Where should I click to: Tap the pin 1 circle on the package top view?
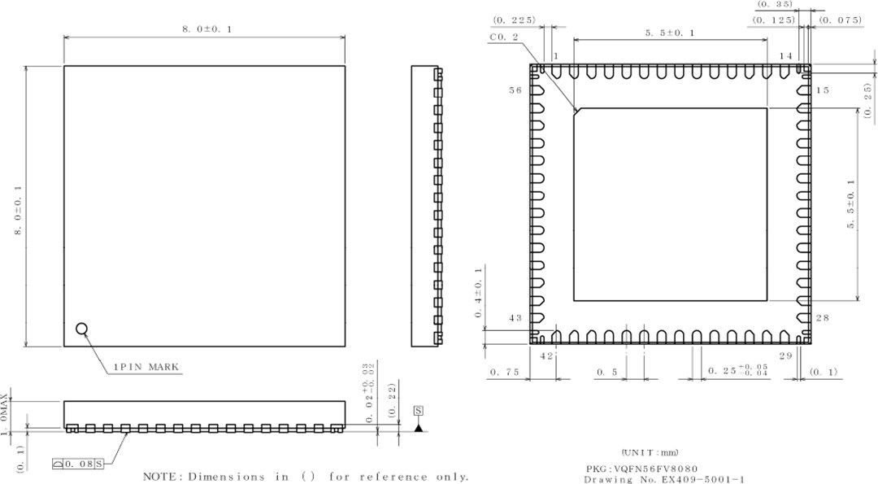[x=81, y=329]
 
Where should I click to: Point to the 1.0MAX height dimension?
[x=7, y=415]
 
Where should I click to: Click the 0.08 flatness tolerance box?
[x=84, y=464]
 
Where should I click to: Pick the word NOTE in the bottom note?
[x=162, y=477]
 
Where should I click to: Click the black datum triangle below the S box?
[x=419, y=427]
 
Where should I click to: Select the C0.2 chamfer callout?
[x=504, y=37]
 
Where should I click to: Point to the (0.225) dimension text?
[x=514, y=20]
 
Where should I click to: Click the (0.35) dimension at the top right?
[x=775, y=5]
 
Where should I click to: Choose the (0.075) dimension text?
[x=840, y=20]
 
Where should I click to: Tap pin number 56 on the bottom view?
[x=515, y=90]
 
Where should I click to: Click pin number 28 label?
[x=822, y=318]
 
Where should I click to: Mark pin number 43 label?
[x=515, y=318]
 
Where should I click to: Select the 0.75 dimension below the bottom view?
[x=504, y=372]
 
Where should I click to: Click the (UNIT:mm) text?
[x=650, y=452]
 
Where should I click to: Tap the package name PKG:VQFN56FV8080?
[x=641, y=469]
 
